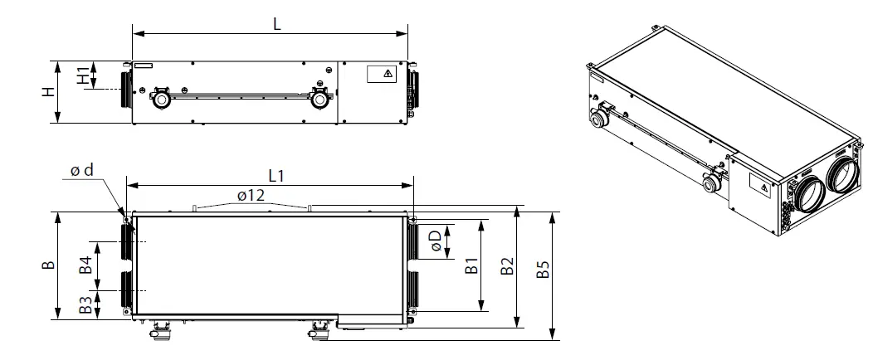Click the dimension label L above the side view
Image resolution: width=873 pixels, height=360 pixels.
[277, 24]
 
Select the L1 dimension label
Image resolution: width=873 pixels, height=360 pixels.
[277, 176]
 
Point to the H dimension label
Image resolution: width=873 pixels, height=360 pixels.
[49, 92]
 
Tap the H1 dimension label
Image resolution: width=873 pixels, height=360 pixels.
[84, 75]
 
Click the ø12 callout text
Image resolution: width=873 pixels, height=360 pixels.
[250, 196]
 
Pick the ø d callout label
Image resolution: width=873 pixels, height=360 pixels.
[81, 171]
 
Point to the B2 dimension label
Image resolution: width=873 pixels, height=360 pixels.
[507, 267]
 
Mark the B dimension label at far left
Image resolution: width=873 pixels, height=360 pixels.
[49, 265]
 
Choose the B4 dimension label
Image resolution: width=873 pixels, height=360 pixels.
[85, 265]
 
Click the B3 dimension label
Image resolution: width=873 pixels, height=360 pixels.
[85, 305]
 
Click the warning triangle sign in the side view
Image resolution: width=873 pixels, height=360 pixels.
[388, 74]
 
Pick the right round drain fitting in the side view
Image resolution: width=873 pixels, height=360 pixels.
[319, 99]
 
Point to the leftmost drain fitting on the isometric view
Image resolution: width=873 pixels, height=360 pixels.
[597, 118]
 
